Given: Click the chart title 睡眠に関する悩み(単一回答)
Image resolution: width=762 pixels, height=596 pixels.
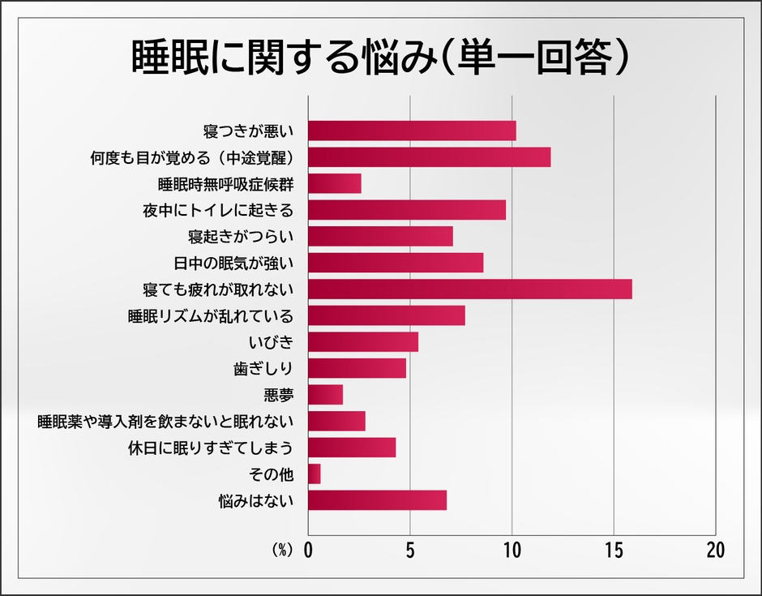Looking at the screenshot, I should (381, 56).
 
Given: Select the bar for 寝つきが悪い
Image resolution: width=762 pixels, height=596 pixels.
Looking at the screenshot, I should (412, 131).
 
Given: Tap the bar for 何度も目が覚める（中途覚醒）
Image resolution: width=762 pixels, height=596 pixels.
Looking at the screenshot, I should (429, 157).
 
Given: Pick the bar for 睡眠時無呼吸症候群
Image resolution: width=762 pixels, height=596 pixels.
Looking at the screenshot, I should (335, 183).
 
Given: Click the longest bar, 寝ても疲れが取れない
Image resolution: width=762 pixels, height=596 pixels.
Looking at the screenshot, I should (469, 289).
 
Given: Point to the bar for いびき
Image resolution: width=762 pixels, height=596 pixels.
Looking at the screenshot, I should (363, 341).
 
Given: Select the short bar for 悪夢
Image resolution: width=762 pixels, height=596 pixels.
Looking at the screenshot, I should (325, 395).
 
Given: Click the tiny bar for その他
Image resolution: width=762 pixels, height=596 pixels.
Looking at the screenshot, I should (315, 474).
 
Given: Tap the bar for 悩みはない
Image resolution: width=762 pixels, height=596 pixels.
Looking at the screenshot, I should (377, 500).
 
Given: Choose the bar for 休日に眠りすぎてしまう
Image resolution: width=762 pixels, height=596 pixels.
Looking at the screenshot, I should (352, 448).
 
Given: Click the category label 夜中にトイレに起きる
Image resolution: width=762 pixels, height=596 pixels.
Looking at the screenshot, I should (217, 210).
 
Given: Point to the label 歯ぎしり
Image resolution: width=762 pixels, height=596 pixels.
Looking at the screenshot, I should (263, 368).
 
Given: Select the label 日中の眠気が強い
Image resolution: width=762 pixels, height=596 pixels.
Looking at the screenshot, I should (233, 263).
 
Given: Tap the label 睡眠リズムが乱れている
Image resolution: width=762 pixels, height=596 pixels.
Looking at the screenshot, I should (210, 315).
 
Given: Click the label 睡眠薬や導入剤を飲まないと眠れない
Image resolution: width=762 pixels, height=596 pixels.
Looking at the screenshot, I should (165, 421).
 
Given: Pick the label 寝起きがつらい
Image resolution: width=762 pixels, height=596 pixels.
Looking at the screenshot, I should (240, 236).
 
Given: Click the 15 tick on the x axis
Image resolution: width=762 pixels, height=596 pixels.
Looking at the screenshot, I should (614, 550).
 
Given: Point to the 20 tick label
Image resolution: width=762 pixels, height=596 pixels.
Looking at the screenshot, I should (715, 550).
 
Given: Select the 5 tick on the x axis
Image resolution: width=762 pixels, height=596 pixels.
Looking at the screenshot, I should (410, 550).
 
